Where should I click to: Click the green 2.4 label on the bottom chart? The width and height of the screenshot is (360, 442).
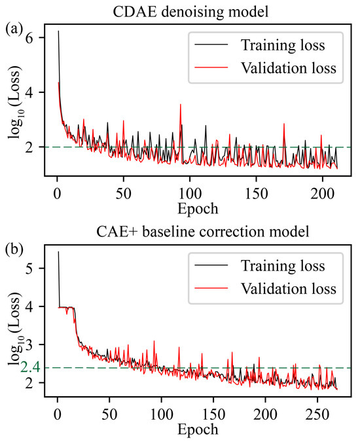(x=30, y=367)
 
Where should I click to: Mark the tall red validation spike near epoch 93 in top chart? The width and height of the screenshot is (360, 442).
(x=180, y=105)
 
